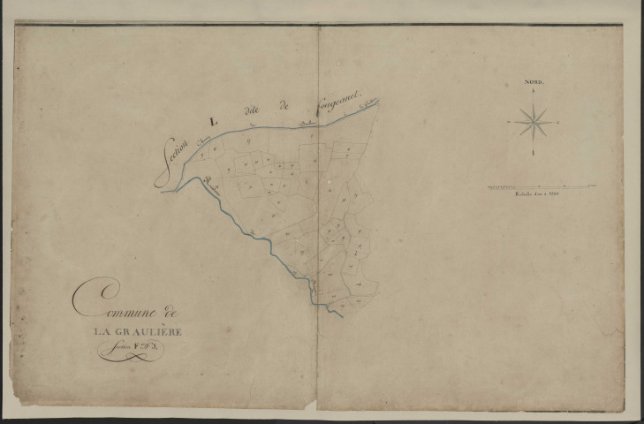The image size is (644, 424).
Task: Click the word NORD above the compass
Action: click(534, 80)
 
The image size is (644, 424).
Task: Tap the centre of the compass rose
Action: click(534, 121)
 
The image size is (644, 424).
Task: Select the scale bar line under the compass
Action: click(540, 187)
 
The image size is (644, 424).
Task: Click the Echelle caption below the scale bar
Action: click(540, 196)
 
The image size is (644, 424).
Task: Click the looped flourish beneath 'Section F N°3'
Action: click(130, 355)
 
